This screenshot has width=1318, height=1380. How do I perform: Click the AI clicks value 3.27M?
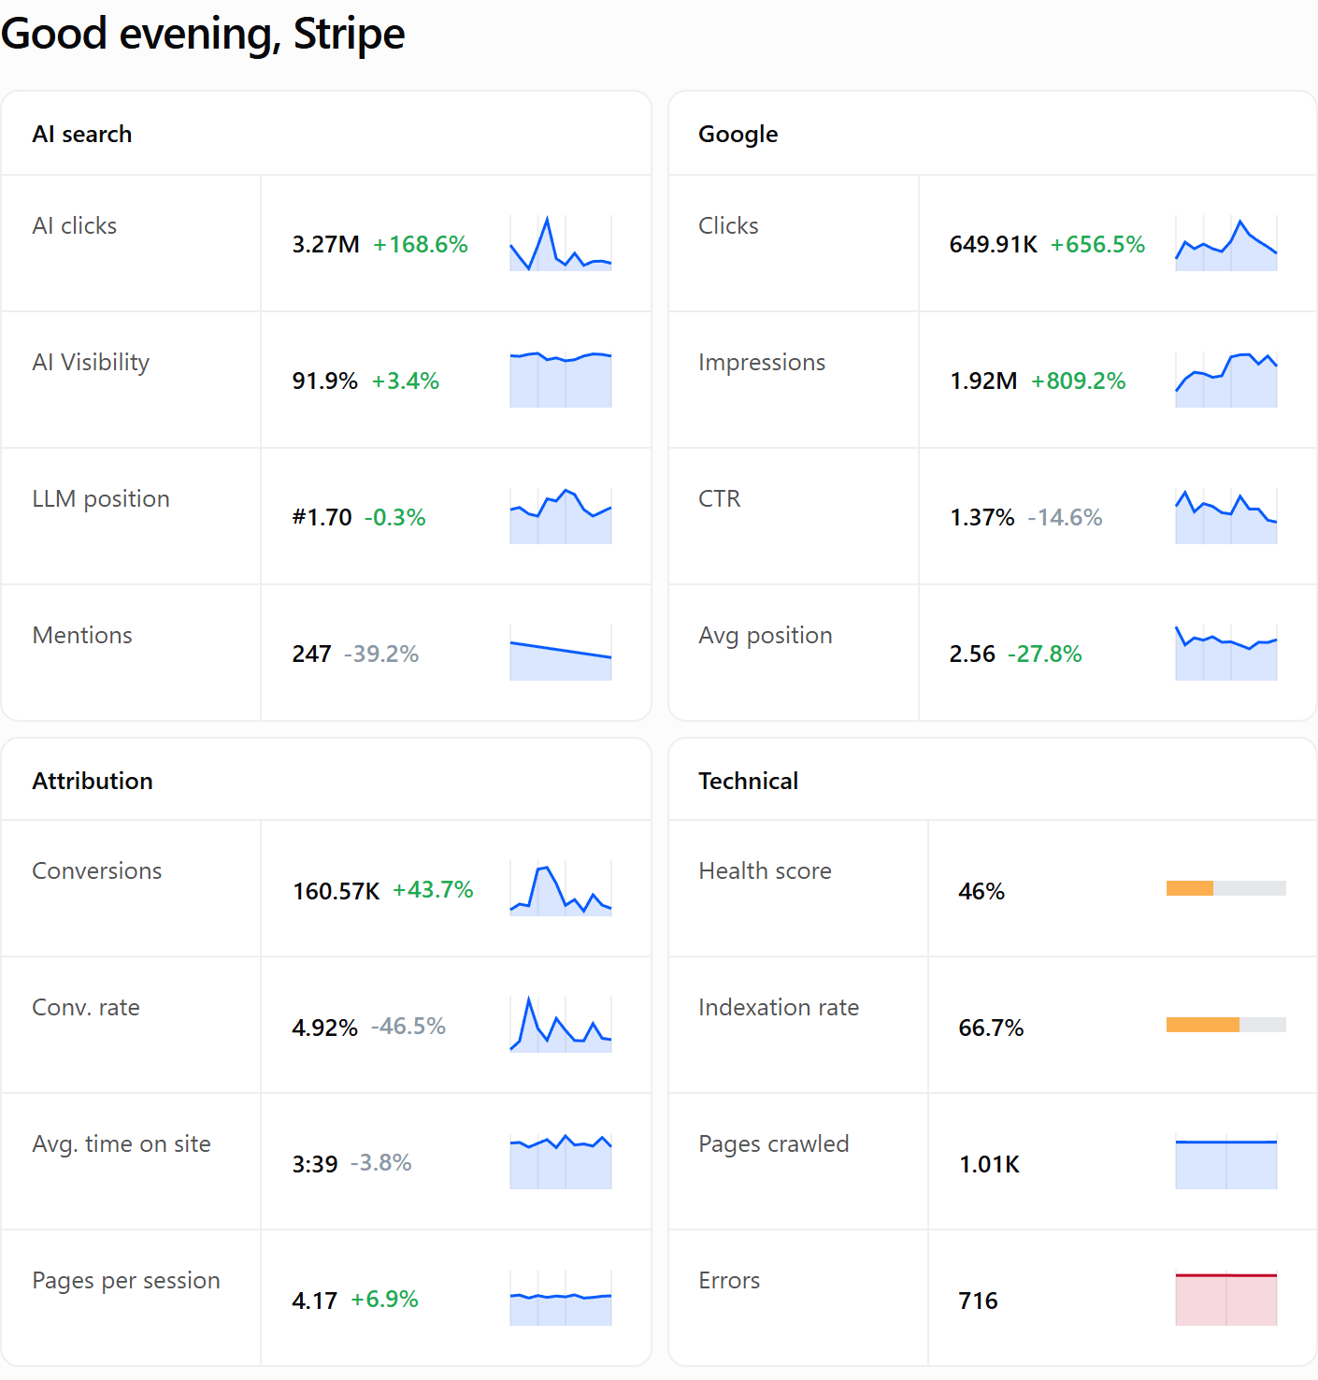click(x=325, y=244)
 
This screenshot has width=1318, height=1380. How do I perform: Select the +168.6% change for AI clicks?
click(x=421, y=244)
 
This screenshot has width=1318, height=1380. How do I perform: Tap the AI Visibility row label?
click(x=91, y=363)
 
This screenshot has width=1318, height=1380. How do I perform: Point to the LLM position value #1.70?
click(x=322, y=517)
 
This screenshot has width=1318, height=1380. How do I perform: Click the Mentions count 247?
click(x=312, y=654)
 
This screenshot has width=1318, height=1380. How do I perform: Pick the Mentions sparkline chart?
click(x=560, y=653)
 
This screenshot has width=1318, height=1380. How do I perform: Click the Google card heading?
click(x=738, y=134)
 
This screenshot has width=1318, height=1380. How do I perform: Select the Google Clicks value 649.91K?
click(x=994, y=244)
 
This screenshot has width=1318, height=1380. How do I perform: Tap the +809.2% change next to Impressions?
click(x=1079, y=381)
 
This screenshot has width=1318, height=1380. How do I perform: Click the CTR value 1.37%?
click(x=981, y=517)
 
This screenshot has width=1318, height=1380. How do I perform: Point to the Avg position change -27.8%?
click(x=1044, y=654)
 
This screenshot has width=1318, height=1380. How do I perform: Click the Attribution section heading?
click(x=93, y=781)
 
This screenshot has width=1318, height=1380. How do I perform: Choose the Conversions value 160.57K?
click(x=337, y=891)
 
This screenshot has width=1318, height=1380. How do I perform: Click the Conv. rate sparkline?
click(x=560, y=1024)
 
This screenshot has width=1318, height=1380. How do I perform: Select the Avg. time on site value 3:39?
click(x=315, y=1164)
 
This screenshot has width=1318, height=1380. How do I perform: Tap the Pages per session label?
click(x=126, y=1281)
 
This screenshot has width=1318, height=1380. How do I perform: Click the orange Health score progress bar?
click(x=1190, y=888)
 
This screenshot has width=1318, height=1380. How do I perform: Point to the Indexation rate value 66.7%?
click(x=991, y=1028)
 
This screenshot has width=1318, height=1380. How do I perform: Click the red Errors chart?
click(x=1225, y=1300)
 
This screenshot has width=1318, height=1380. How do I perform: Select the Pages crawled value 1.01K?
click(x=989, y=1164)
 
